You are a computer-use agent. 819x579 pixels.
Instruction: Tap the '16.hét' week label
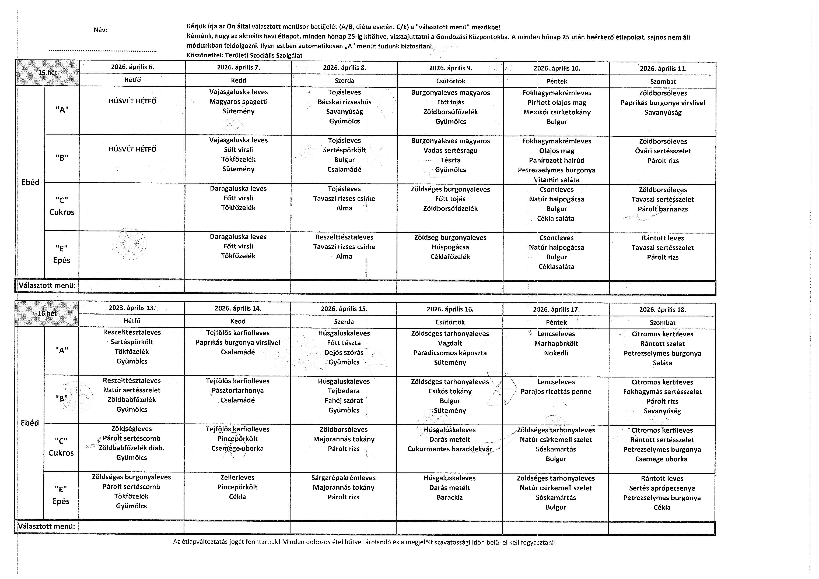(47, 313)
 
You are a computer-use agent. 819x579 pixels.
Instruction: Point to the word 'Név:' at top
(100, 30)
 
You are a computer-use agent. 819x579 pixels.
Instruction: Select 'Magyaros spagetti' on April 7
(238, 102)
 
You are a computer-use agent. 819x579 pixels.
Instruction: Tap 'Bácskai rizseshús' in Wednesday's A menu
(344, 102)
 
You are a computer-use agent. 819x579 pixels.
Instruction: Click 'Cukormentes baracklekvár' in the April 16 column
(449, 449)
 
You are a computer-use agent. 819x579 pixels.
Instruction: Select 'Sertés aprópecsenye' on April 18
(662, 488)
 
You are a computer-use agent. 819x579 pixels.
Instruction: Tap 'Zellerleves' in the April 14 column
(238, 477)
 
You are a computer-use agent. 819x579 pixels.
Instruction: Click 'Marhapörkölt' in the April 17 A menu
(556, 343)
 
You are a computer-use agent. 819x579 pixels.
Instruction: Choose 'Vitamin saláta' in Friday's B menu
(556, 180)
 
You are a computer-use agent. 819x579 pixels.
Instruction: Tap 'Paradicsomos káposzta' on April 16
(450, 353)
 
